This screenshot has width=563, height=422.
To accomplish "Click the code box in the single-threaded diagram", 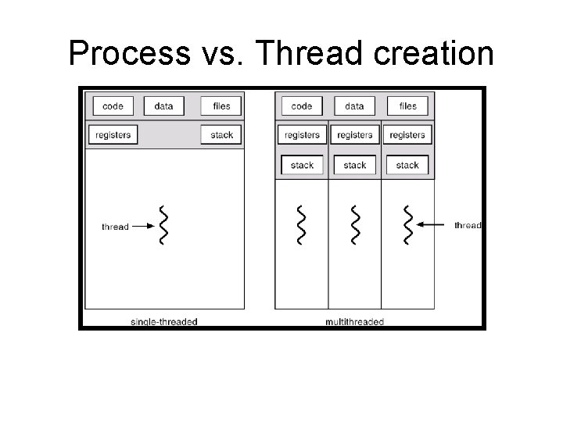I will [113, 105].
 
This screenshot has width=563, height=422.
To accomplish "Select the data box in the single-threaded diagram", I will [164, 105].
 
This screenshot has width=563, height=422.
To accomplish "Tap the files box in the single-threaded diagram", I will [221, 105].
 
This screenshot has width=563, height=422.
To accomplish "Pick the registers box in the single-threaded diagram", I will [113, 134].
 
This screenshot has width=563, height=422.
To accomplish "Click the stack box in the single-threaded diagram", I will [221, 134].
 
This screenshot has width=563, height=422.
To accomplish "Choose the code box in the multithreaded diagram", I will [301, 105].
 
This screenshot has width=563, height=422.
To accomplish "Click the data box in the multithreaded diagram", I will [354, 105].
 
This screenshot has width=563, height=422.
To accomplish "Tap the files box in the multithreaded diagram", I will [407, 105].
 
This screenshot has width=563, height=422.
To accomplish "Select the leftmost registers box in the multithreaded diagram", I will [302, 134].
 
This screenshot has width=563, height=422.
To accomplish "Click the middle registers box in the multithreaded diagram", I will [354, 134].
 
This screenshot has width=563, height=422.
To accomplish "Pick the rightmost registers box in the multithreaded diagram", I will [407, 134].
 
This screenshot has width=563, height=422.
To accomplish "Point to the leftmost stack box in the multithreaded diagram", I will [302, 165].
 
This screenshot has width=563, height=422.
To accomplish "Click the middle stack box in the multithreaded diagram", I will [354, 165].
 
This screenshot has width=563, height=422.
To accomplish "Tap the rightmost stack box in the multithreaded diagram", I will [407, 165].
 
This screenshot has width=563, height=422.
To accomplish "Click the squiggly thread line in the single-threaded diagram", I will [163, 225].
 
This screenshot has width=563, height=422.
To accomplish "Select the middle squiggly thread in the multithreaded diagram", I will [355, 225].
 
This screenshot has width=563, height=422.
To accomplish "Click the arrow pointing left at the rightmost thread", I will [432, 225].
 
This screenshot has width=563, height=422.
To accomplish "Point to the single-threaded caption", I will [163, 321].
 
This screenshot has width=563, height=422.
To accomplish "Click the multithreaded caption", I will [354, 321].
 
